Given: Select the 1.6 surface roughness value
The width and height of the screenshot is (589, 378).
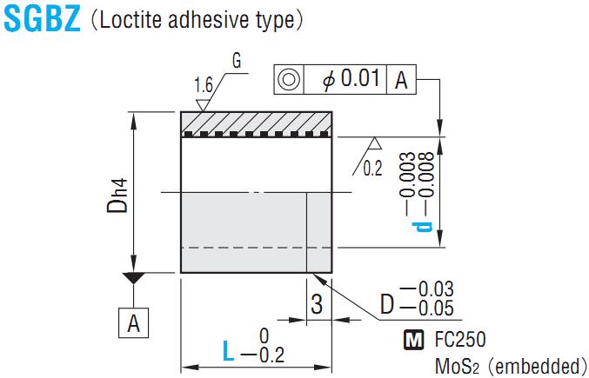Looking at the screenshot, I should click(x=204, y=85).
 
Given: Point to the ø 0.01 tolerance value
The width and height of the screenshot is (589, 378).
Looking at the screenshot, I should click(x=351, y=79).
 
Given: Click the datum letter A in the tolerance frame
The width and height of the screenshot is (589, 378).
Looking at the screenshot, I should click(x=401, y=80).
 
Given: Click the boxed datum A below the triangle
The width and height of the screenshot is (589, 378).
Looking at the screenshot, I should click(x=133, y=323).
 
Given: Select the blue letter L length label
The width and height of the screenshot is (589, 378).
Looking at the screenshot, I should click(x=228, y=352).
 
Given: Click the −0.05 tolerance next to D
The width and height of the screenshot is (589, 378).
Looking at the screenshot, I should click(x=430, y=308).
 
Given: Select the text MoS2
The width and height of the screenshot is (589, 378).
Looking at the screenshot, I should click(x=455, y=365).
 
